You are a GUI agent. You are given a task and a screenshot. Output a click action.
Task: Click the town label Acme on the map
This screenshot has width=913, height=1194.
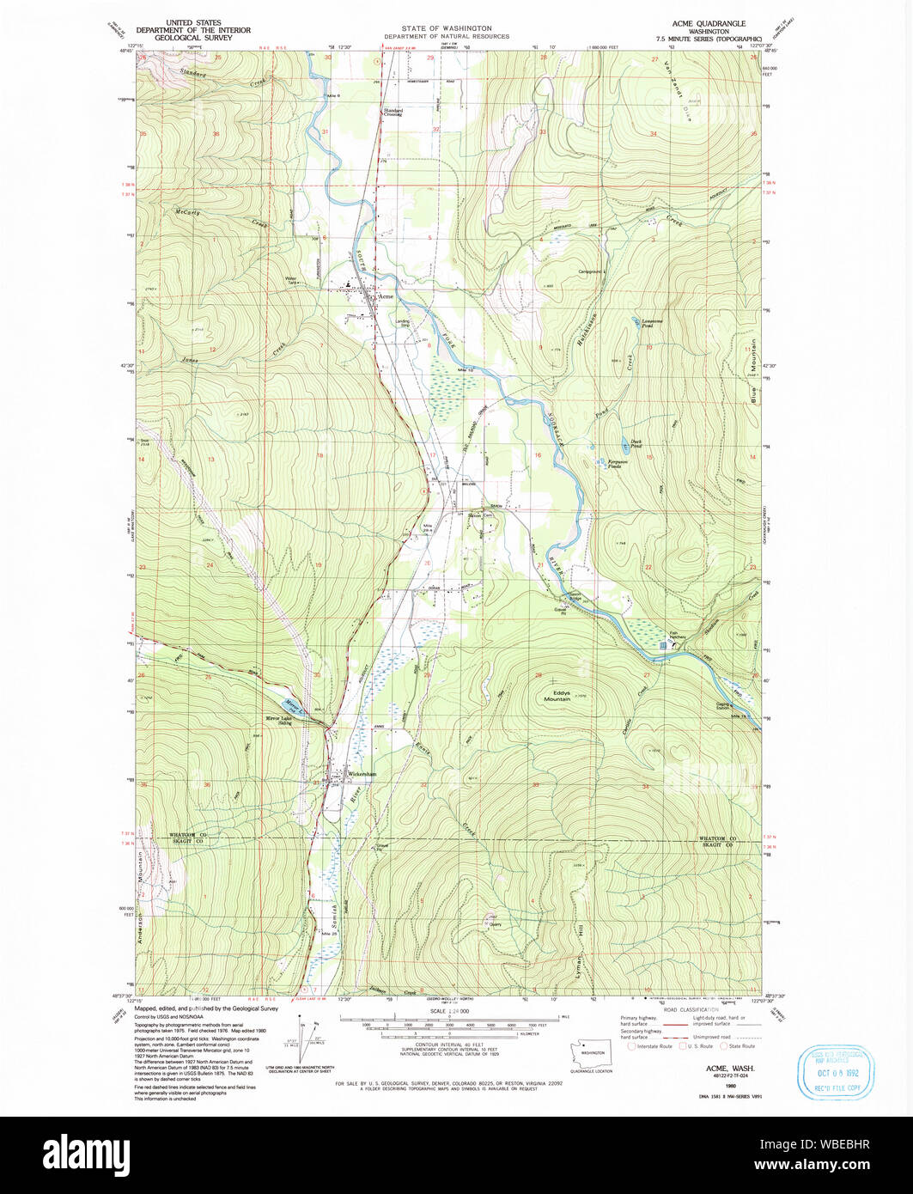click(387, 296)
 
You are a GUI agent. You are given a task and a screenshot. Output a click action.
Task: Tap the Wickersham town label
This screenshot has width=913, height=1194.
click(362, 774)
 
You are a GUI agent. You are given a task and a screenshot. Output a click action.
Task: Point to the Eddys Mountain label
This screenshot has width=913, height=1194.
click(557, 696)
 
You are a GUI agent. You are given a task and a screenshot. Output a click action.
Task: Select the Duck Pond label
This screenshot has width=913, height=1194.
click(636, 445)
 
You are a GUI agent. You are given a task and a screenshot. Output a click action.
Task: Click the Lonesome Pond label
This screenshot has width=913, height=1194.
click(658, 324)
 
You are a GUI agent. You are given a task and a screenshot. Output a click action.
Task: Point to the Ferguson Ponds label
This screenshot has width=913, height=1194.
click(620, 464)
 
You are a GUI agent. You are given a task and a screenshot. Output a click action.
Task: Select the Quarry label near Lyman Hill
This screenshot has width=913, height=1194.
click(496, 926)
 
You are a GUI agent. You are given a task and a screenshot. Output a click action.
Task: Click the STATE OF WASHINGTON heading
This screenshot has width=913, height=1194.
click(446, 28)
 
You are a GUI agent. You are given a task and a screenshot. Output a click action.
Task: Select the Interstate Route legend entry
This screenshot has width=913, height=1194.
click(653, 1046)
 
